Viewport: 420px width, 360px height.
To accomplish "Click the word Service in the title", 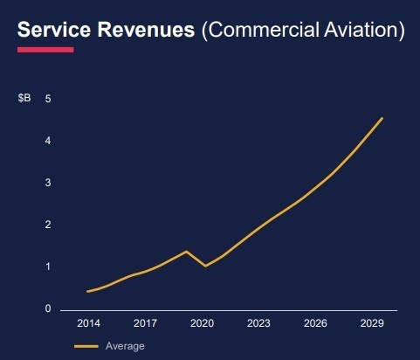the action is click(54, 30).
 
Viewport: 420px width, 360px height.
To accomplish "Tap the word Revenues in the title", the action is click(146, 30).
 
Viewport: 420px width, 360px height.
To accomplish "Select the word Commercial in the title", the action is click(260, 30).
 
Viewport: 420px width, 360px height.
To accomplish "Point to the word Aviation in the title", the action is click(364, 30).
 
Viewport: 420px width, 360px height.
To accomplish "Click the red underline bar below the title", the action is click(45, 50).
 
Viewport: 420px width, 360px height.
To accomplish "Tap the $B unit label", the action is click(24, 98).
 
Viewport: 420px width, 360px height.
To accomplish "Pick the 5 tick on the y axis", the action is click(48, 99).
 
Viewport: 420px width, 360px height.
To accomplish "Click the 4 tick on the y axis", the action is click(48, 141).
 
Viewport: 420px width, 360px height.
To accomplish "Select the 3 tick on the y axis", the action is click(48, 183).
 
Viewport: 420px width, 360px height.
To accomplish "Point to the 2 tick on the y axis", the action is click(48, 225).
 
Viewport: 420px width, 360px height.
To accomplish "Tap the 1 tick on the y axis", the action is click(48, 267).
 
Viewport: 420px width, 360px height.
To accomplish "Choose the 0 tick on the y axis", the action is click(48, 308).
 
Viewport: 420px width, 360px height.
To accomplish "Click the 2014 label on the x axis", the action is click(88, 323).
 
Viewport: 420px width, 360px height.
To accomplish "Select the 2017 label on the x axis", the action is click(145, 323).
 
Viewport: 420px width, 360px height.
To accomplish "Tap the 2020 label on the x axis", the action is click(202, 323).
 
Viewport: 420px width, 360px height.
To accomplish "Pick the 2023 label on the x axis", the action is click(258, 323).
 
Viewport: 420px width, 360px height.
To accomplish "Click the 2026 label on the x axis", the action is click(315, 323).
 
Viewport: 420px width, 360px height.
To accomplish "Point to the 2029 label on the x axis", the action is click(372, 323).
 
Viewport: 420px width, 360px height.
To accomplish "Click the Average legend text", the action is click(125, 346).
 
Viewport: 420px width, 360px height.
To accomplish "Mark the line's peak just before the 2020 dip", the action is click(186, 251).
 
